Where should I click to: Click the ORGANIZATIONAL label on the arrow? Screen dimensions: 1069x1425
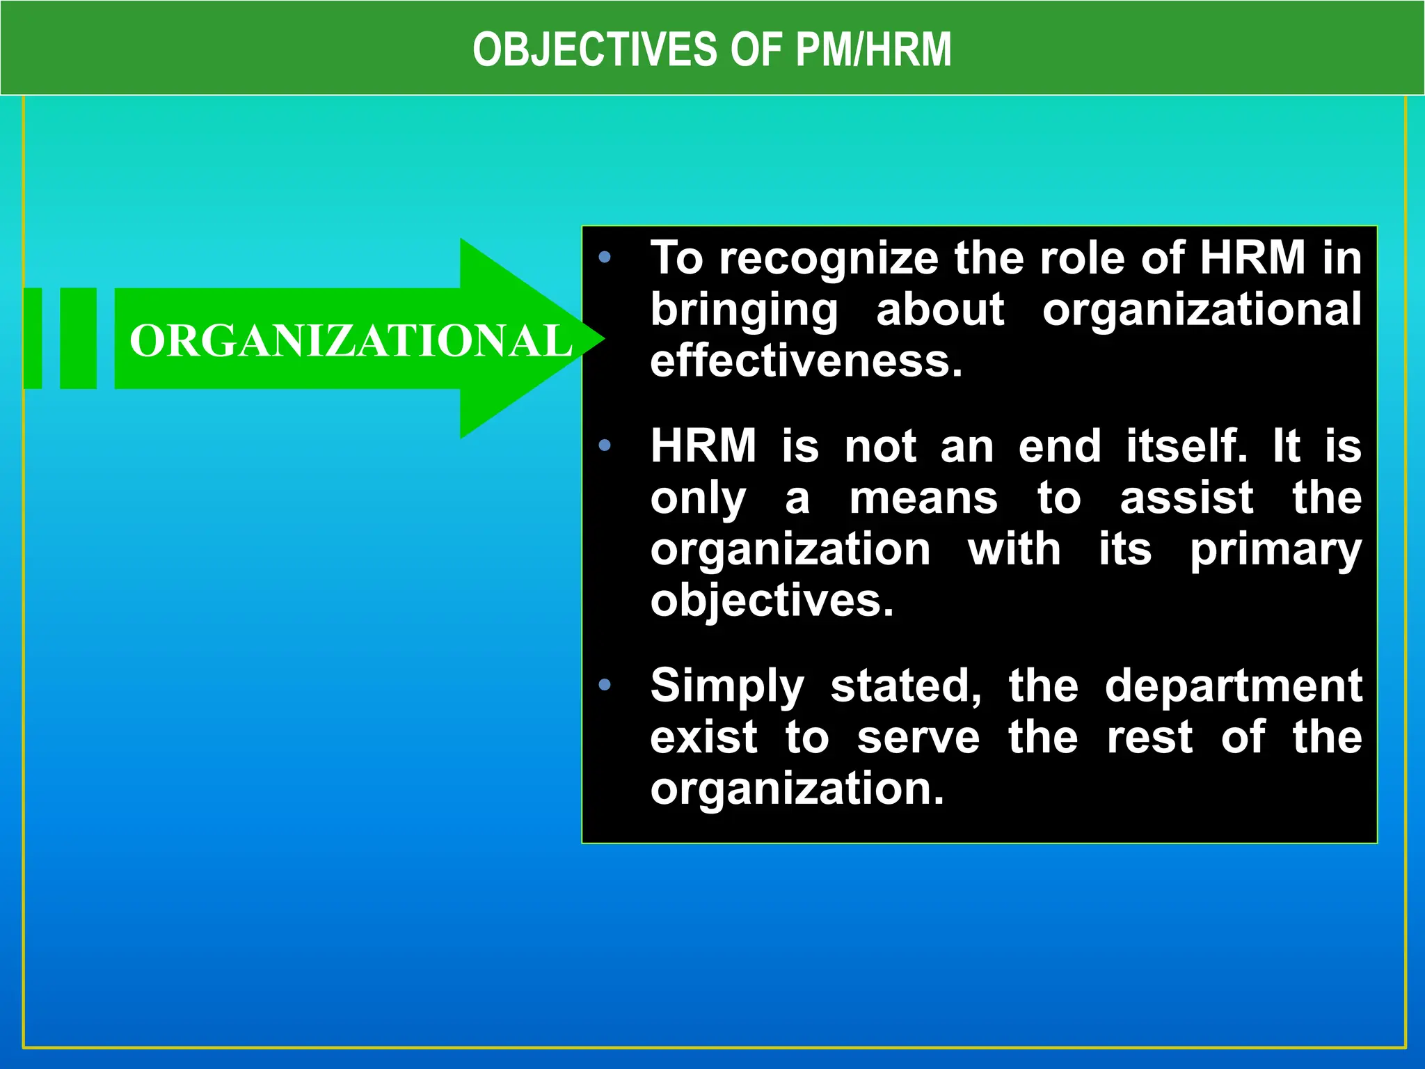click(x=350, y=341)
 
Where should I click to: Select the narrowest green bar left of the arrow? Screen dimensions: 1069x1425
click(x=33, y=338)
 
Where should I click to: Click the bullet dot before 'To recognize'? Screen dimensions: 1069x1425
click(x=604, y=258)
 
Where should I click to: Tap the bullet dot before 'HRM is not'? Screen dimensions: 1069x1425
click(x=604, y=445)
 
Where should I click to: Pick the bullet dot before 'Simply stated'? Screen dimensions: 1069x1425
click(x=604, y=686)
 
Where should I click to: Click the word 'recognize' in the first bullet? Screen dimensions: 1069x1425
click(x=829, y=259)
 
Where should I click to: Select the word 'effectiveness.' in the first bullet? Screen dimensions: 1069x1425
click(x=806, y=361)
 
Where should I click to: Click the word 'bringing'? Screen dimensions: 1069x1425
click(x=745, y=310)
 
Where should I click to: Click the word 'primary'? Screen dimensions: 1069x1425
click(x=1275, y=551)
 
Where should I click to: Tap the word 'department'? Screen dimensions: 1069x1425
click(x=1233, y=686)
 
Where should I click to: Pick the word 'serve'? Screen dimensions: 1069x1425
click(x=918, y=738)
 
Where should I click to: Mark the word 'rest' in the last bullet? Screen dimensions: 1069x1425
click(x=1149, y=738)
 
